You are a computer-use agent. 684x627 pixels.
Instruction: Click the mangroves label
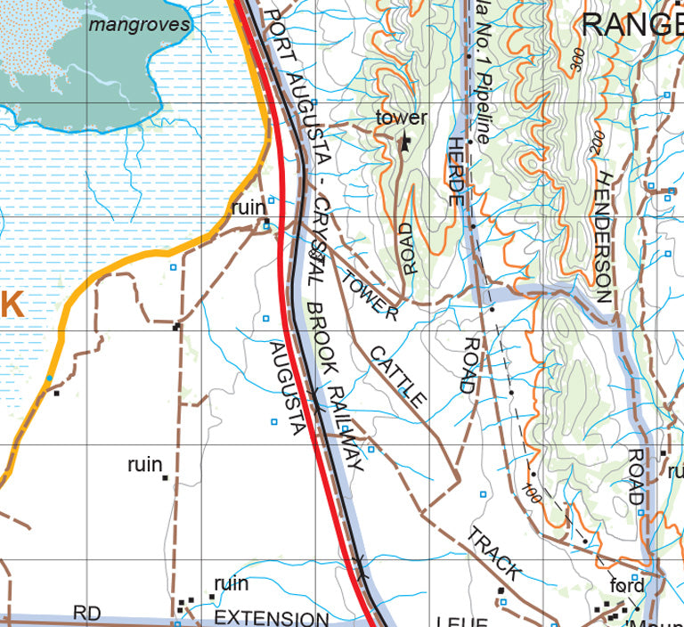(140, 24)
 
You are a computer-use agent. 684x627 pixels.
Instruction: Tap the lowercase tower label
(402, 118)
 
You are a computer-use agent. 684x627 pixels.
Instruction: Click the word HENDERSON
(603, 237)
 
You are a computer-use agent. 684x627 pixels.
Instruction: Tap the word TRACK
(493, 553)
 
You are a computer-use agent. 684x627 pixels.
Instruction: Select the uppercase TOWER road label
(369, 295)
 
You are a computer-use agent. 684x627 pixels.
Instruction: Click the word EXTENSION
(272, 618)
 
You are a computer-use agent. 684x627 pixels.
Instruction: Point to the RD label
(86, 614)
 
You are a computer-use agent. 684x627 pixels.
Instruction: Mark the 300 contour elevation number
(573, 58)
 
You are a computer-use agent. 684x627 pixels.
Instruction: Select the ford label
(625, 585)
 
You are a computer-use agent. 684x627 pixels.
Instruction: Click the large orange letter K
(10, 305)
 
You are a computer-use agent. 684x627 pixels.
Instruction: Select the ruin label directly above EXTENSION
(231, 583)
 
